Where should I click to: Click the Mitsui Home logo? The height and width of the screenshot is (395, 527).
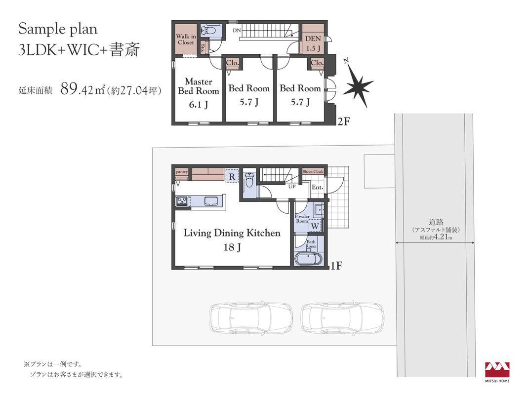pos(497,372)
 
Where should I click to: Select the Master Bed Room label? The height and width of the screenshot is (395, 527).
pos(198,86)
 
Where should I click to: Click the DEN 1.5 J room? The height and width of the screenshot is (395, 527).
pos(313,39)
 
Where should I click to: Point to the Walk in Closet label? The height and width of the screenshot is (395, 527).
pos(186,39)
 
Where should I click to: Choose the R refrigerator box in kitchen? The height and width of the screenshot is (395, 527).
pos(232,176)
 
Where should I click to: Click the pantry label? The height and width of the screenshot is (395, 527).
pos(182,172)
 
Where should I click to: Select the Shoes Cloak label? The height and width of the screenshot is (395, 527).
pos(313,172)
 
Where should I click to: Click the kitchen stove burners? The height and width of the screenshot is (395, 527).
pos(182,201)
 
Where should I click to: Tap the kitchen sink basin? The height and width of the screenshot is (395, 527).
pos(211,201)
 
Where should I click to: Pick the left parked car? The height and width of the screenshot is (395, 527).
pos(251,316)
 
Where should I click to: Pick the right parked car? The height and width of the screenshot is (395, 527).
pos(342,316)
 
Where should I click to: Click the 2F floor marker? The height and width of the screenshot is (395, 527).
pos(343,121)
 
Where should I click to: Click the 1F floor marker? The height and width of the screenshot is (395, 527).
pos(336,266)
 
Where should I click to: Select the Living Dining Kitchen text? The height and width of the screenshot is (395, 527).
pos(232,233)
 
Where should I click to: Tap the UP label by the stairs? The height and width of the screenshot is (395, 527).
pos(292,186)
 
